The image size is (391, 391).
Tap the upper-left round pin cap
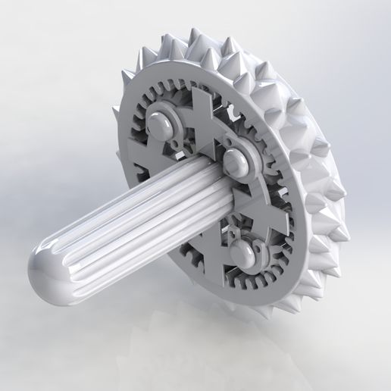(x=161, y=119)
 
